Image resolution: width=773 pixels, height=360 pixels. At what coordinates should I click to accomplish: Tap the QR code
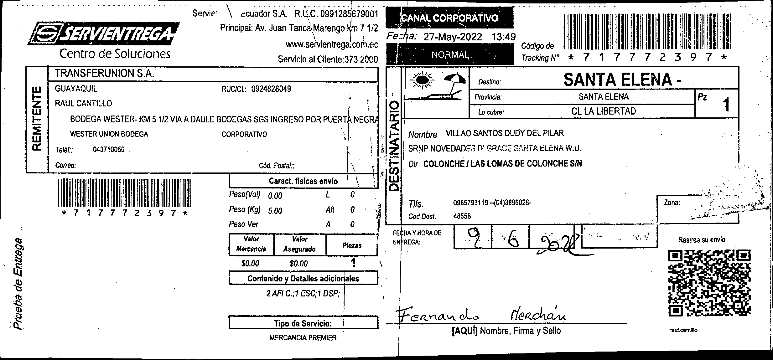click(709, 283)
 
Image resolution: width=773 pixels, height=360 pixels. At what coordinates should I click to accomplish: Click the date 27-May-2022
click(452, 37)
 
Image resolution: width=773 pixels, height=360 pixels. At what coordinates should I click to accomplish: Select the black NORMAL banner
click(450, 55)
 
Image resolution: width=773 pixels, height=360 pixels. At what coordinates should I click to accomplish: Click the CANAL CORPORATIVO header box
click(450, 18)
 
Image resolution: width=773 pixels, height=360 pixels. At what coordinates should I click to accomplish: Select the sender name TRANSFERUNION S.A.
click(105, 74)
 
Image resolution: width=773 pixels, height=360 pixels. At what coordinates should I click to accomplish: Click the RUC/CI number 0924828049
click(271, 89)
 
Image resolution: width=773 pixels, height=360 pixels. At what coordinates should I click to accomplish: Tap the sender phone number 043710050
click(109, 150)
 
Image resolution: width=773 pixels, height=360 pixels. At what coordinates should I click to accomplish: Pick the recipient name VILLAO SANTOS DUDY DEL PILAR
click(505, 133)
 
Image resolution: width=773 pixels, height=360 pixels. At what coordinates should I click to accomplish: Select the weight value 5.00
click(275, 211)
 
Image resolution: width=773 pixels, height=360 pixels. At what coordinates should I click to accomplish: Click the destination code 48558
click(462, 216)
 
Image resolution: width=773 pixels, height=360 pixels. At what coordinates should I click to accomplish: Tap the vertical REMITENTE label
click(37, 119)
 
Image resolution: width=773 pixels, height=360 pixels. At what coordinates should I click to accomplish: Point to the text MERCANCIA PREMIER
click(303, 338)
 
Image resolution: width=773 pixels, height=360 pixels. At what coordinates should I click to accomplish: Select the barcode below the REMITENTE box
click(124, 193)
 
